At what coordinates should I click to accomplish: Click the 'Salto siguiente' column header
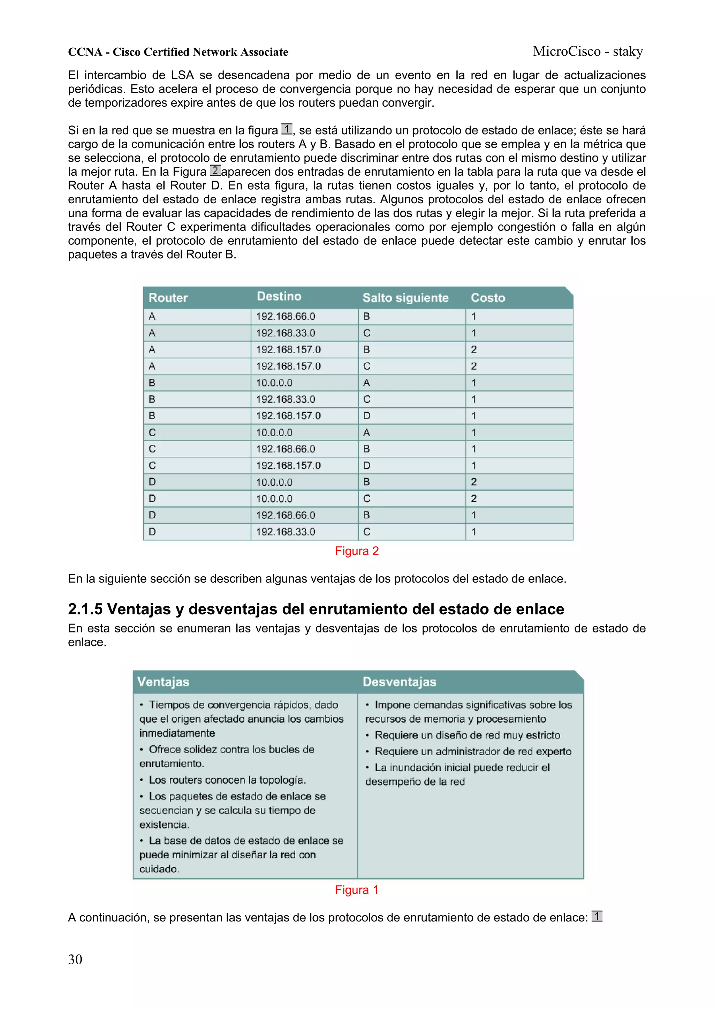[x=405, y=298]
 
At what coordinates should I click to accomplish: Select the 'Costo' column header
[x=488, y=298]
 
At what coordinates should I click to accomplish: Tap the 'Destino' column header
[x=279, y=296]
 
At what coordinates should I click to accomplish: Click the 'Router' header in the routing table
[x=168, y=298]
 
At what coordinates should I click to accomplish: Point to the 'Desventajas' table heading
[x=399, y=682]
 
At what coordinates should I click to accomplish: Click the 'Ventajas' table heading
[x=163, y=682]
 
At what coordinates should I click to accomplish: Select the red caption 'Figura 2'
[x=357, y=551]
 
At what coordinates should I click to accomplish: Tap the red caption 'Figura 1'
[x=357, y=890]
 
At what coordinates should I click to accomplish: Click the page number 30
[x=75, y=959]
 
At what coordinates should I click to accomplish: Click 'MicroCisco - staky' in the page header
[x=588, y=52]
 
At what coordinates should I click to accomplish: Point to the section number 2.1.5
[x=85, y=609]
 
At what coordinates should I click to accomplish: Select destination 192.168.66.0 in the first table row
[x=286, y=316]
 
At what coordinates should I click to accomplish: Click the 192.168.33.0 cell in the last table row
[x=286, y=532]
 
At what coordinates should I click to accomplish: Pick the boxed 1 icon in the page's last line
[x=597, y=916]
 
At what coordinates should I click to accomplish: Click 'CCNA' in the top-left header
[x=85, y=52]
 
